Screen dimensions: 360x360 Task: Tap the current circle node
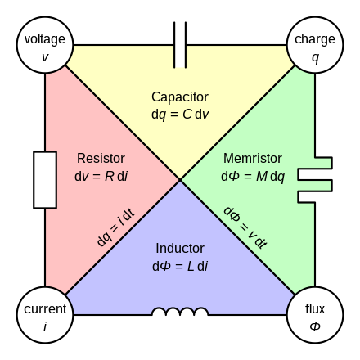[x=45, y=315]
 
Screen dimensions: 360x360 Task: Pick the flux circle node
[x=315, y=315]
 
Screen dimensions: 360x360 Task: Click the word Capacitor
[x=180, y=97]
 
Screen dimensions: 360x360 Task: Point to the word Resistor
[x=100, y=158]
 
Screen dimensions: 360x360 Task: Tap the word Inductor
[x=180, y=248]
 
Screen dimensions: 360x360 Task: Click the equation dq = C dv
[x=180, y=114]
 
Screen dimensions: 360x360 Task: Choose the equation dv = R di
[x=100, y=175]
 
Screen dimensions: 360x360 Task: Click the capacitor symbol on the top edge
[x=180, y=45]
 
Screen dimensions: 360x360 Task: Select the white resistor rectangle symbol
[x=45, y=179]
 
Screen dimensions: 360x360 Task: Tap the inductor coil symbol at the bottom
[x=180, y=313]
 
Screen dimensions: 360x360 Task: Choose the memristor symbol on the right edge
[x=315, y=179]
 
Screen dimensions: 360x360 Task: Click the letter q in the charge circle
[x=315, y=56]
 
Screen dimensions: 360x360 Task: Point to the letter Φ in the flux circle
[x=315, y=326]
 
